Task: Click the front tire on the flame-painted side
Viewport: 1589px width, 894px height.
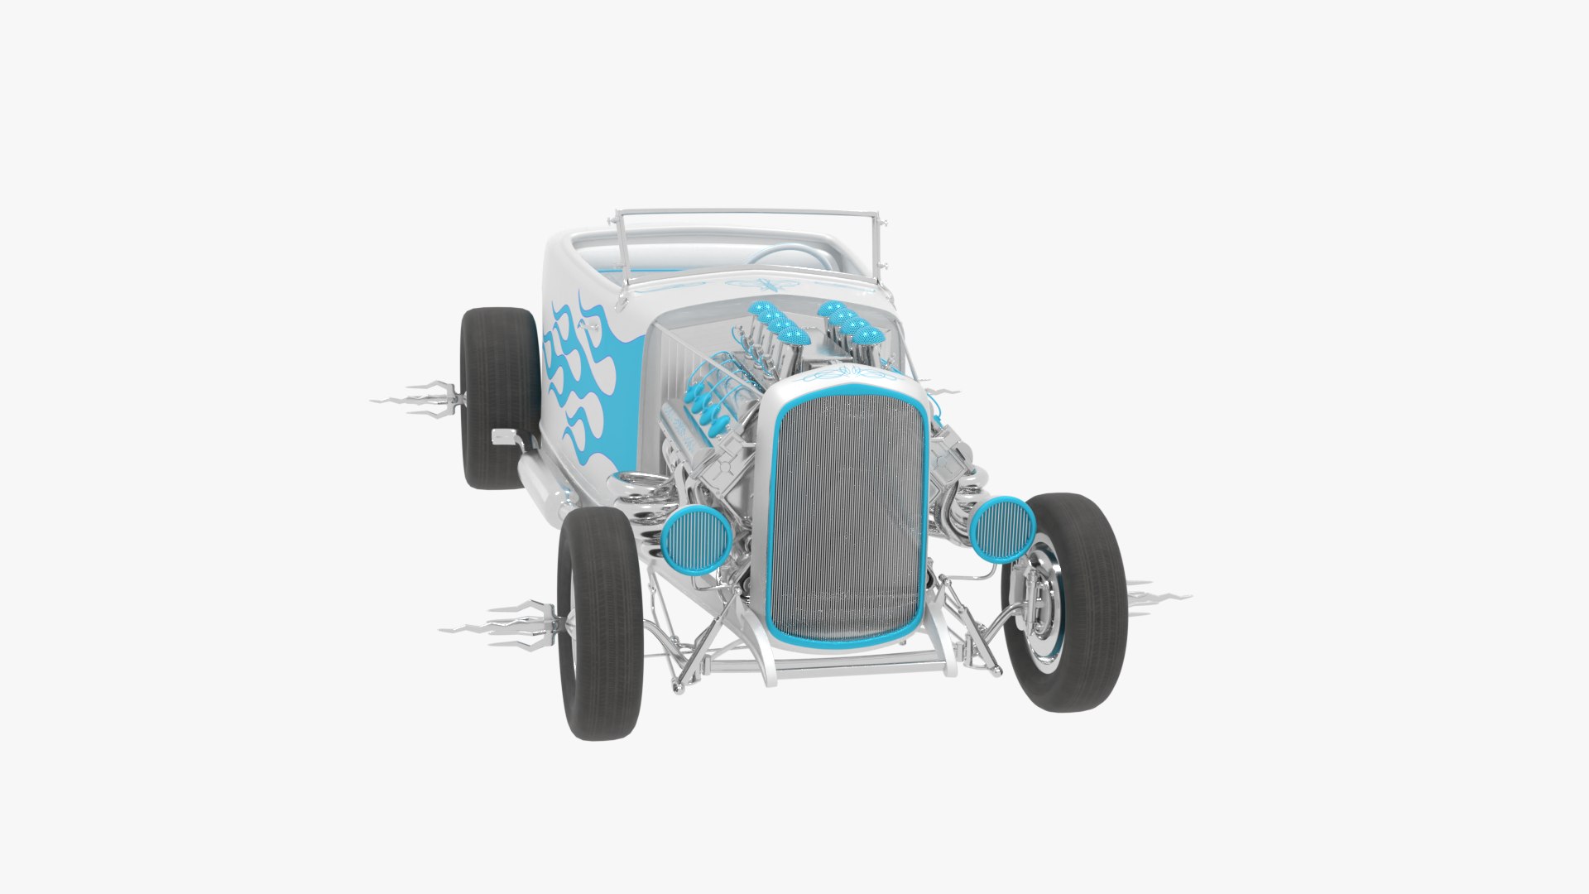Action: (x=600, y=625)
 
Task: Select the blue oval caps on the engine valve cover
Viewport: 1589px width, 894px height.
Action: (x=708, y=406)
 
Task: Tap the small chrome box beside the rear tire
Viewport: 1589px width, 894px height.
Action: (x=503, y=436)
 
